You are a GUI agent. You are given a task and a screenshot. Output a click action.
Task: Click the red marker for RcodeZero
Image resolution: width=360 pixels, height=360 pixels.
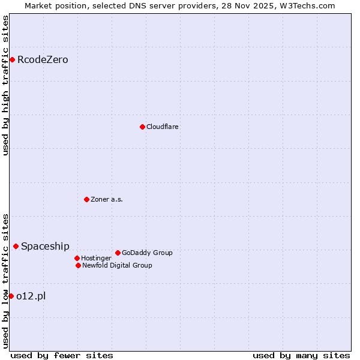[12, 59]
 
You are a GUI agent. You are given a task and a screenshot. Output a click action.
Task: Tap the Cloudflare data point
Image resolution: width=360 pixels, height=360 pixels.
[142, 127]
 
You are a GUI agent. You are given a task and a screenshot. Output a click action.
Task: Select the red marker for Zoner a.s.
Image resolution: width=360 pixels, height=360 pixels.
[86, 199]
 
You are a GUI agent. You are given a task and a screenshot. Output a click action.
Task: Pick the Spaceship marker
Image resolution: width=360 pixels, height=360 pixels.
[16, 246]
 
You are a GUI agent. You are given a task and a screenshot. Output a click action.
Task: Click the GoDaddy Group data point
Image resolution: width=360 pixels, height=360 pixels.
[118, 253]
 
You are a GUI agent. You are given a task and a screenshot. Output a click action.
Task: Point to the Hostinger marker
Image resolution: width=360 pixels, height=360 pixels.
[77, 258]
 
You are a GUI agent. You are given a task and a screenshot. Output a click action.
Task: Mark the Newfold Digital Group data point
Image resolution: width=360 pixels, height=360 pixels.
[78, 265]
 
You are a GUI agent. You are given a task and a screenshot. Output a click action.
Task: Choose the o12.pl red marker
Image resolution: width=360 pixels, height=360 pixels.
[11, 296]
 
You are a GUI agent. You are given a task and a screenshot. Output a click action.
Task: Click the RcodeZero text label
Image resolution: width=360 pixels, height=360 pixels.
[43, 59]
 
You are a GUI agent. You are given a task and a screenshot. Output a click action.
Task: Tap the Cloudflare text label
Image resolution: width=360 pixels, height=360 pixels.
[162, 127]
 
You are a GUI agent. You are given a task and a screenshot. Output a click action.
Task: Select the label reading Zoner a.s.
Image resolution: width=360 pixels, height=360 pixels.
[107, 199]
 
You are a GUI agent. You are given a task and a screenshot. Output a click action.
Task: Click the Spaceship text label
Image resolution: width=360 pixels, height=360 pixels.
[45, 246]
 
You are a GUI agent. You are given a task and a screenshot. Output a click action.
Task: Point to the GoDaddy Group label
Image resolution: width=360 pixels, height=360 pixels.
[147, 253]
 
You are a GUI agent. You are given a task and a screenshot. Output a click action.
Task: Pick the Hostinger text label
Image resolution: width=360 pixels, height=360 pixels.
[96, 258]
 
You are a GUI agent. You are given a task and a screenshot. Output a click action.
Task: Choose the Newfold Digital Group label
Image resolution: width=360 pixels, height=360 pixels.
[117, 265]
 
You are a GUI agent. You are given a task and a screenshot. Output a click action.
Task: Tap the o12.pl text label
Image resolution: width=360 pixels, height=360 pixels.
[31, 296]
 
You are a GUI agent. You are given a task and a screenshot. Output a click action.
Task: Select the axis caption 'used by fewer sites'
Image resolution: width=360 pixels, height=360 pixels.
[62, 355]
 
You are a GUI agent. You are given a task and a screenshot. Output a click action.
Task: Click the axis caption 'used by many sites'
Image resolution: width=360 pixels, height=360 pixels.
[301, 355]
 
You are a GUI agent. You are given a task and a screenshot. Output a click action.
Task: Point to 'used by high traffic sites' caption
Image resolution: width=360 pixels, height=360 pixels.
[5, 85]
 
